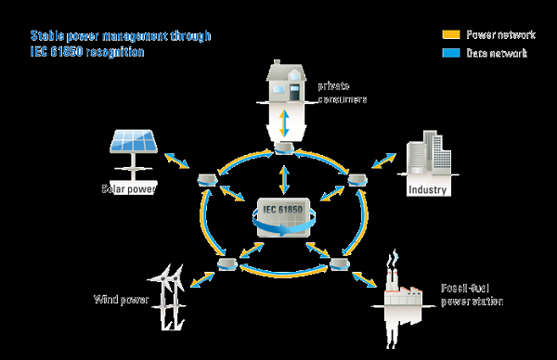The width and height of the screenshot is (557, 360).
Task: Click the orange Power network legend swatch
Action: [x=451, y=35]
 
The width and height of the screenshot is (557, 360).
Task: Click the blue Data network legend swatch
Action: [x=451, y=54]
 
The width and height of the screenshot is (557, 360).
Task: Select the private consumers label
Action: [x=343, y=92]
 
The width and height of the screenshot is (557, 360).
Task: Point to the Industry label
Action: [x=428, y=190]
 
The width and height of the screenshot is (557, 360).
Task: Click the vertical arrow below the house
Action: [x=286, y=122]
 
